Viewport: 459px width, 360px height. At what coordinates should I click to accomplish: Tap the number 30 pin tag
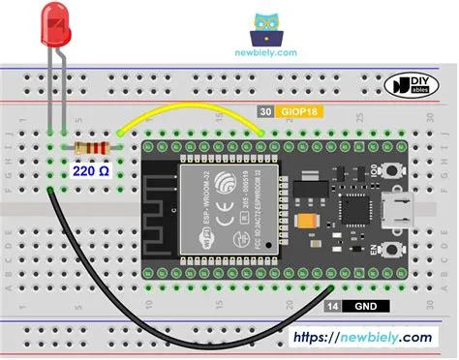coord(264,113)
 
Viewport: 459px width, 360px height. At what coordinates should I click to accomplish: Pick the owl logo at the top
coord(266,29)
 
